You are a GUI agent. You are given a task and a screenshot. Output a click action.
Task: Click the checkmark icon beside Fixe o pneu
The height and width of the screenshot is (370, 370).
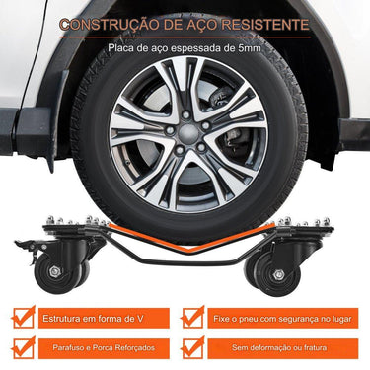(x=193, y=318)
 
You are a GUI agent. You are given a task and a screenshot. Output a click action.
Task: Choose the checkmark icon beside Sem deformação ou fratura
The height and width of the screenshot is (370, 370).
(x=193, y=347)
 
